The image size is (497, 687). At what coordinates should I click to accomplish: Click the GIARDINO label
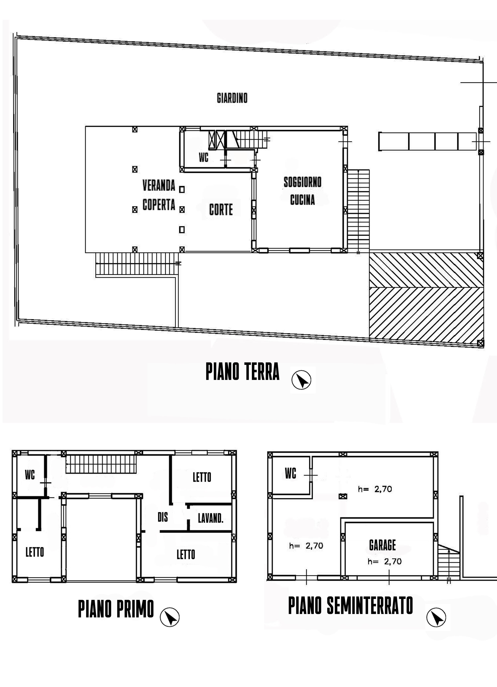point(232,98)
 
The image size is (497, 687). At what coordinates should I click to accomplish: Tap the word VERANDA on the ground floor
point(159,185)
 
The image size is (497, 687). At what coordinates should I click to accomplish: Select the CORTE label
point(221,210)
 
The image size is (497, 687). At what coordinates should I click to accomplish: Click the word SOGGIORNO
point(302,182)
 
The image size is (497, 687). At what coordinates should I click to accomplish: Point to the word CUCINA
point(302,200)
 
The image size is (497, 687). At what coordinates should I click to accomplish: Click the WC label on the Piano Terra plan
point(204,157)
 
